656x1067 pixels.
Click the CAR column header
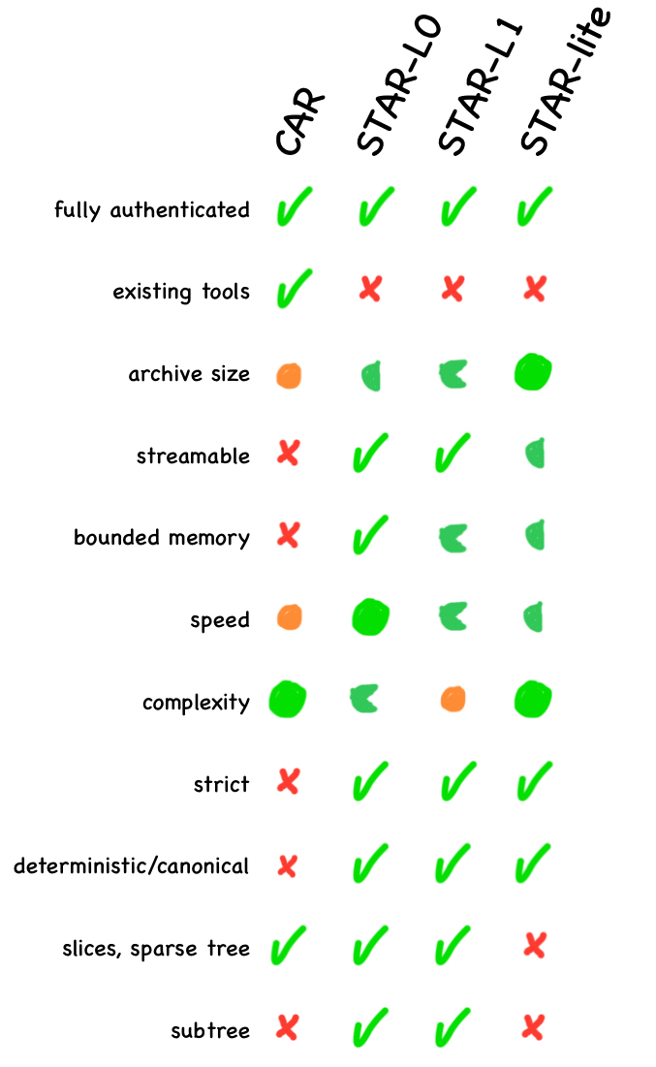(x=298, y=123)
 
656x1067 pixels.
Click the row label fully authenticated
(x=152, y=210)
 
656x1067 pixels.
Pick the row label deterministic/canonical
(x=131, y=865)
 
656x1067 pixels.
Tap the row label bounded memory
(x=162, y=538)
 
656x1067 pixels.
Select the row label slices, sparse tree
(x=155, y=948)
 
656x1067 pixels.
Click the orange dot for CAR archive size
(x=288, y=374)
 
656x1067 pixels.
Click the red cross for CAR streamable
(x=288, y=454)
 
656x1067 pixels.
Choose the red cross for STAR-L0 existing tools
(x=369, y=290)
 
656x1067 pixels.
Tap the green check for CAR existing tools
(x=291, y=288)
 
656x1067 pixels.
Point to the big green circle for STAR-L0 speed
(x=371, y=617)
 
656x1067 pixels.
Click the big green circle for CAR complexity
(x=288, y=699)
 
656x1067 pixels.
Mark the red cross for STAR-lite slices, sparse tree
(x=534, y=946)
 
